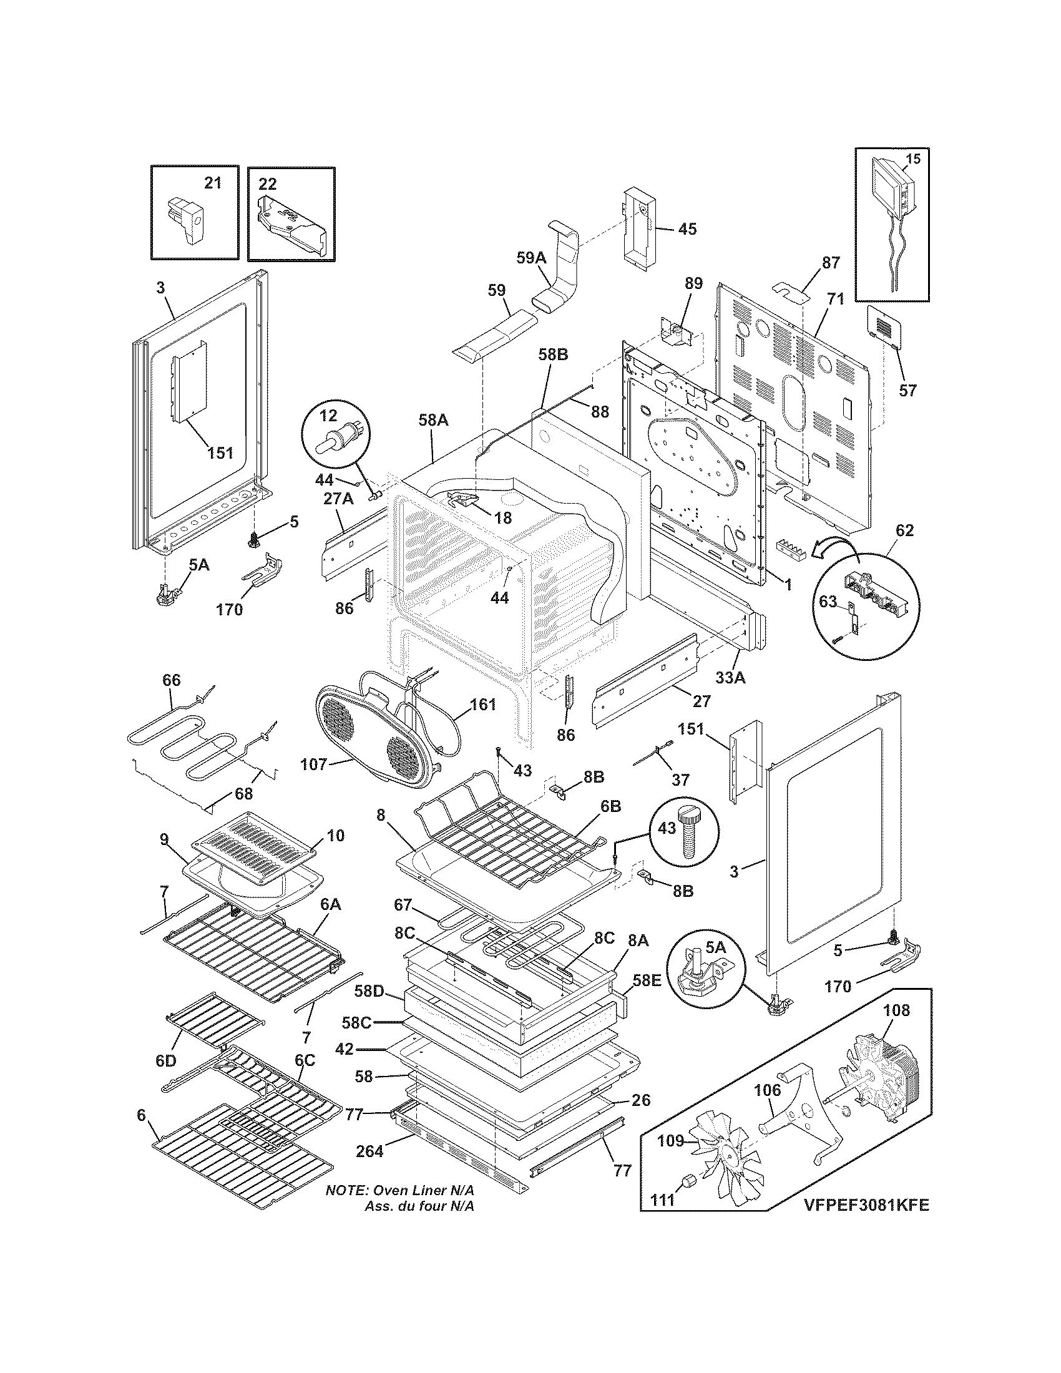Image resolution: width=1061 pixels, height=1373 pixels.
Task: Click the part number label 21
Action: pos(213,183)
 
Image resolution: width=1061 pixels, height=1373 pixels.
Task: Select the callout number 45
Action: pos(688,229)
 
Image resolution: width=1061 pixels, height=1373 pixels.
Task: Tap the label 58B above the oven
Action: pos(553,354)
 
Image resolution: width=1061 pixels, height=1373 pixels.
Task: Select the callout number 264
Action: pos(369,1151)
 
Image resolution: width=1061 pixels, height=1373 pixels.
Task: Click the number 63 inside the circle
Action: pos(828,602)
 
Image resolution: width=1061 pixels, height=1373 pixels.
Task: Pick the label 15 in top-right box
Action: pos(912,159)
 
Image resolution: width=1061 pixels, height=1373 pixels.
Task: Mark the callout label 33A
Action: pos(730,678)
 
